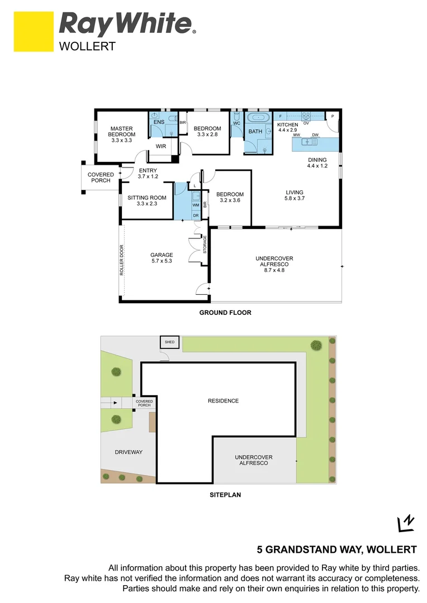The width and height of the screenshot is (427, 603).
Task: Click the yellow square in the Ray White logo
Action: point(34,31)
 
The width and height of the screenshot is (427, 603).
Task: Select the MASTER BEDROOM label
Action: point(121,134)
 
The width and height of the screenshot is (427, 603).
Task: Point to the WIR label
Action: point(161,146)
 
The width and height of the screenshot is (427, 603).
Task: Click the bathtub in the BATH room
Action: point(258,118)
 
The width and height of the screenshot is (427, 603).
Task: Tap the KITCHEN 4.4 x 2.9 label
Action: point(288,127)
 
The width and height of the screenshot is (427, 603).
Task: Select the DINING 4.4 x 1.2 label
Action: point(317,162)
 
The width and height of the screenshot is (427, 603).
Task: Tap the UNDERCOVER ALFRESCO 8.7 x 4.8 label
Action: point(274,264)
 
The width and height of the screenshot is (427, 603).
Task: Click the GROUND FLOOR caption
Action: point(225,313)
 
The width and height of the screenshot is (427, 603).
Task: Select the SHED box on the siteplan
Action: point(168,342)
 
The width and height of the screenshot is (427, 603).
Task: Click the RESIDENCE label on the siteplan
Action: point(223,401)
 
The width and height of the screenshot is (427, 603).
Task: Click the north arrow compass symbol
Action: point(405,523)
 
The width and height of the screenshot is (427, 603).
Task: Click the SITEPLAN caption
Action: point(225,495)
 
